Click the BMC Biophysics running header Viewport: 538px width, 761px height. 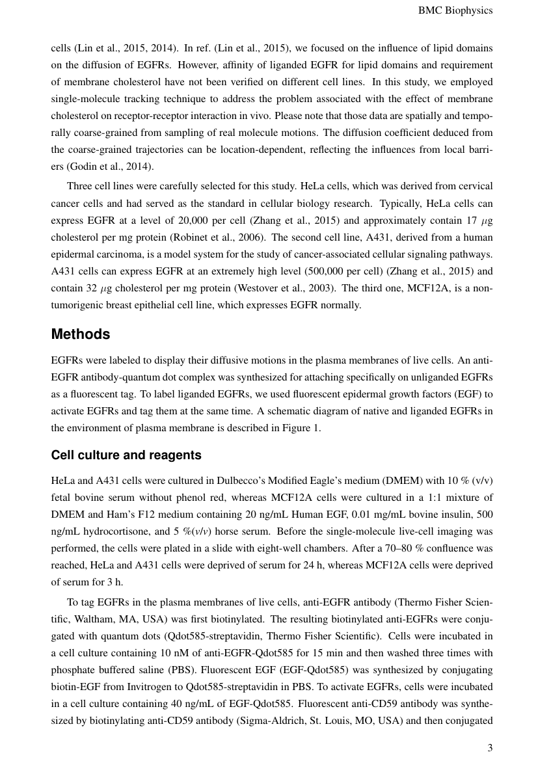pyautogui.click(x=455, y=10)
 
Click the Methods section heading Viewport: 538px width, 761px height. pyautogui.click(x=81, y=334)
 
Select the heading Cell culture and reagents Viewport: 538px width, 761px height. pyautogui.click(x=126, y=455)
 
